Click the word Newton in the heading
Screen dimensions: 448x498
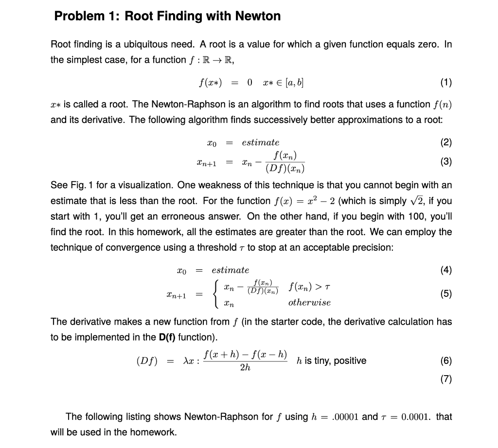pos(258,16)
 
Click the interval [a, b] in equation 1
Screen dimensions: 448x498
pos(294,83)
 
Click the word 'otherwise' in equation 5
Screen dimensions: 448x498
pos(309,302)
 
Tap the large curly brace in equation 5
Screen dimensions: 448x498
pos(215,293)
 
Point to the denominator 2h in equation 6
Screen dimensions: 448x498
pos(245,368)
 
